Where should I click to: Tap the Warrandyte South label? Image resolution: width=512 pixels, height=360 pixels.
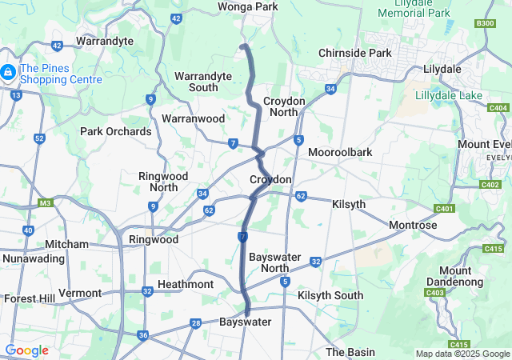(203, 82)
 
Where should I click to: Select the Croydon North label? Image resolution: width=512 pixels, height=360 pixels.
(285, 107)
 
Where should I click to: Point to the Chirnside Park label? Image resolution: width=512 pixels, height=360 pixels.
(354, 53)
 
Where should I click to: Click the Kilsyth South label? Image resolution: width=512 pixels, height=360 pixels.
(330, 295)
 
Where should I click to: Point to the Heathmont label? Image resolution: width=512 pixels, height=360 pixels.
(186, 284)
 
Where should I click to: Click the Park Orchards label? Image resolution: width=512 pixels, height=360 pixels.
(115, 131)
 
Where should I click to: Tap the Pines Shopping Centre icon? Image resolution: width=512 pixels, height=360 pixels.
(7, 73)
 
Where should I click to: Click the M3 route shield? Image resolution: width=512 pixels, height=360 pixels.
(45, 202)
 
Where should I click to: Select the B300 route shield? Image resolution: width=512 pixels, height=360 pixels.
(485, 23)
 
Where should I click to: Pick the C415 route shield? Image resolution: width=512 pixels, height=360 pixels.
(494, 249)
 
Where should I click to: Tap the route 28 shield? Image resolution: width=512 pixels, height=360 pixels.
(196, 322)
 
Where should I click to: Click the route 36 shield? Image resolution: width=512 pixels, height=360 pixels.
(142, 335)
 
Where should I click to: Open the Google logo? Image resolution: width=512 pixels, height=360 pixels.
(26, 350)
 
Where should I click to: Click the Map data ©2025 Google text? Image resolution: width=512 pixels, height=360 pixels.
(462, 354)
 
